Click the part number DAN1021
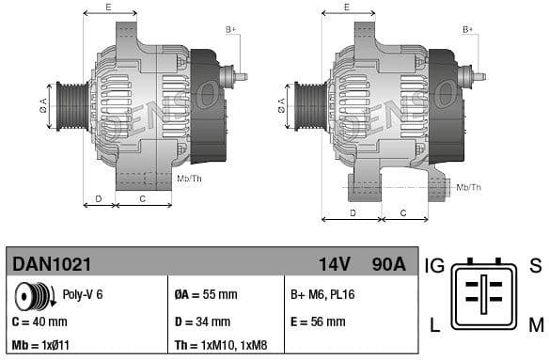[x=52, y=264]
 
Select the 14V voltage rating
[x=335, y=264]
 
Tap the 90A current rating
[x=387, y=264]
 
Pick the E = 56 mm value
[x=318, y=321]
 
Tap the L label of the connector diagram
[x=434, y=325]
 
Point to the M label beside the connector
[x=535, y=325]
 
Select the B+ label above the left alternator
[x=230, y=30]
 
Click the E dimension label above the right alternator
[x=346, y=8]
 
